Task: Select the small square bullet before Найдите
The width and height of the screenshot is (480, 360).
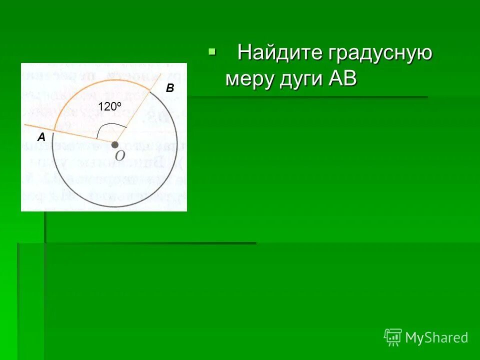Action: click(212, 51)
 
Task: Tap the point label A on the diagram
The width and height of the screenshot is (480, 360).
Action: click(41, 137)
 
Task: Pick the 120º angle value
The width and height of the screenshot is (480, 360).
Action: click(109, 106)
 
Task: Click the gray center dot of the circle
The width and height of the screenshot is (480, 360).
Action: click(115, 144)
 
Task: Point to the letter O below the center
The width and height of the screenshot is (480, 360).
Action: click(119, 156)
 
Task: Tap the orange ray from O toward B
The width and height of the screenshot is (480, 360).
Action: click(137, 109)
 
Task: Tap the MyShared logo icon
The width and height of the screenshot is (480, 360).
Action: click(393, 337)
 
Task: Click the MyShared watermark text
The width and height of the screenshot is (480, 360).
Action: click(436, 338)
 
